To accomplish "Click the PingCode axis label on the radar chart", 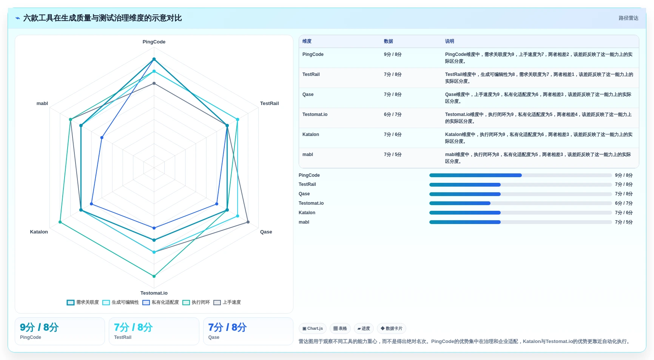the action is pyautogui.click(x=154, y=42).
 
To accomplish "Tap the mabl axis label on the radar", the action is pyautogui.click(x=42, y=104).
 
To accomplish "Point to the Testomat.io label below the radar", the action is pyautogui.click(x=154, y=293).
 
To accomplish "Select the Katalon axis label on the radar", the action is pyautogui.click(x=39, y=232).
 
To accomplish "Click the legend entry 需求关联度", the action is pyautogui.click(x=83, y=302).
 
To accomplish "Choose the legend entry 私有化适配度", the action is pyautogui.click(x=160, y=302).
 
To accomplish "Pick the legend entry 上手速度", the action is pyautogui.click(x=227, y=302).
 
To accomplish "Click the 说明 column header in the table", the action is pyautogui.click(x=449, y=41).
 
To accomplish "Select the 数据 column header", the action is pyautogui.click(x=389, y=41).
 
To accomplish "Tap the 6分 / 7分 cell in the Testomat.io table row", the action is pyautogui.click(x=393, y=114).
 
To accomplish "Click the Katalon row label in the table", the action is pyautogui.click(x=311, y=134).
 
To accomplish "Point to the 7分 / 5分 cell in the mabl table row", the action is pyautogui.click(x=393, y=155).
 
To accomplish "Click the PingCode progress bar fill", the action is pyautogui.click(x=475, y=175).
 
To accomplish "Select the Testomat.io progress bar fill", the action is pyautogui.click(x=460, y=203).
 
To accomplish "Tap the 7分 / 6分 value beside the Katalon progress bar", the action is pyautogui.click(x=624, y=213).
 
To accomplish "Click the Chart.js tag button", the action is pyautogui.click(x=313, y=329).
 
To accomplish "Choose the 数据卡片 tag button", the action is pyautogui.click(x=392, y=329).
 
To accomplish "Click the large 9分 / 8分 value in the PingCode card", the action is pyautogui.click(x=39, y=327).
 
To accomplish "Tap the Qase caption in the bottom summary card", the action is pyautogui.click(x=214, y=337).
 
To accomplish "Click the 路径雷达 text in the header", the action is pyautogui.click(x=628, y=18).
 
